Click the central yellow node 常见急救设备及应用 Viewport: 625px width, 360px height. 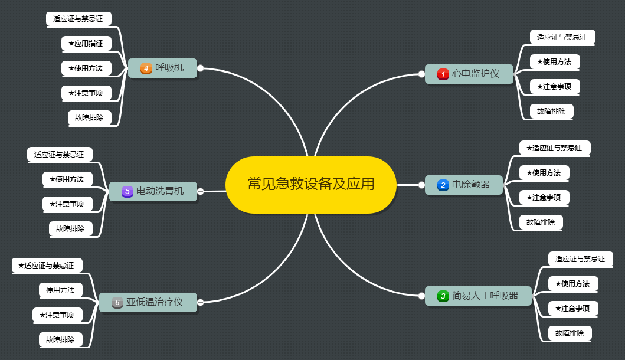[x=311, y=184]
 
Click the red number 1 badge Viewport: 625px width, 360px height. [x=443, y=74]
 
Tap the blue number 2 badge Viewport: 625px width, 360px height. [x=443, y=185]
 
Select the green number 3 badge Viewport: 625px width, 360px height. [x=443, y=296]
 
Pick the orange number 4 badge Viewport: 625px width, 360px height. [x=146, y=68]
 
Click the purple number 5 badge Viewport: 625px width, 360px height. [x=126, y=192]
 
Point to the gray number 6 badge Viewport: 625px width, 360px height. [x=117, y=303]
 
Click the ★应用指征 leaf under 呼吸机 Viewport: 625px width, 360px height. [x=86, y=43]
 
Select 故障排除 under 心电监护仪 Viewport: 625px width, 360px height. [x=551, y=111]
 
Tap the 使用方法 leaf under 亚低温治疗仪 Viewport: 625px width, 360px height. [x=61, y=290]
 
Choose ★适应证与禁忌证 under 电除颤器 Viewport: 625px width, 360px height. [x=554, y=148]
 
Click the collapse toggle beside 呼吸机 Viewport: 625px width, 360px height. [x=200, y=68]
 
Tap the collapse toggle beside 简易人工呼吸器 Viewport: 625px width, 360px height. [x=421, y=296]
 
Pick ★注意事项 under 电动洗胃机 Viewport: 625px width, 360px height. [x=67, y=204]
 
